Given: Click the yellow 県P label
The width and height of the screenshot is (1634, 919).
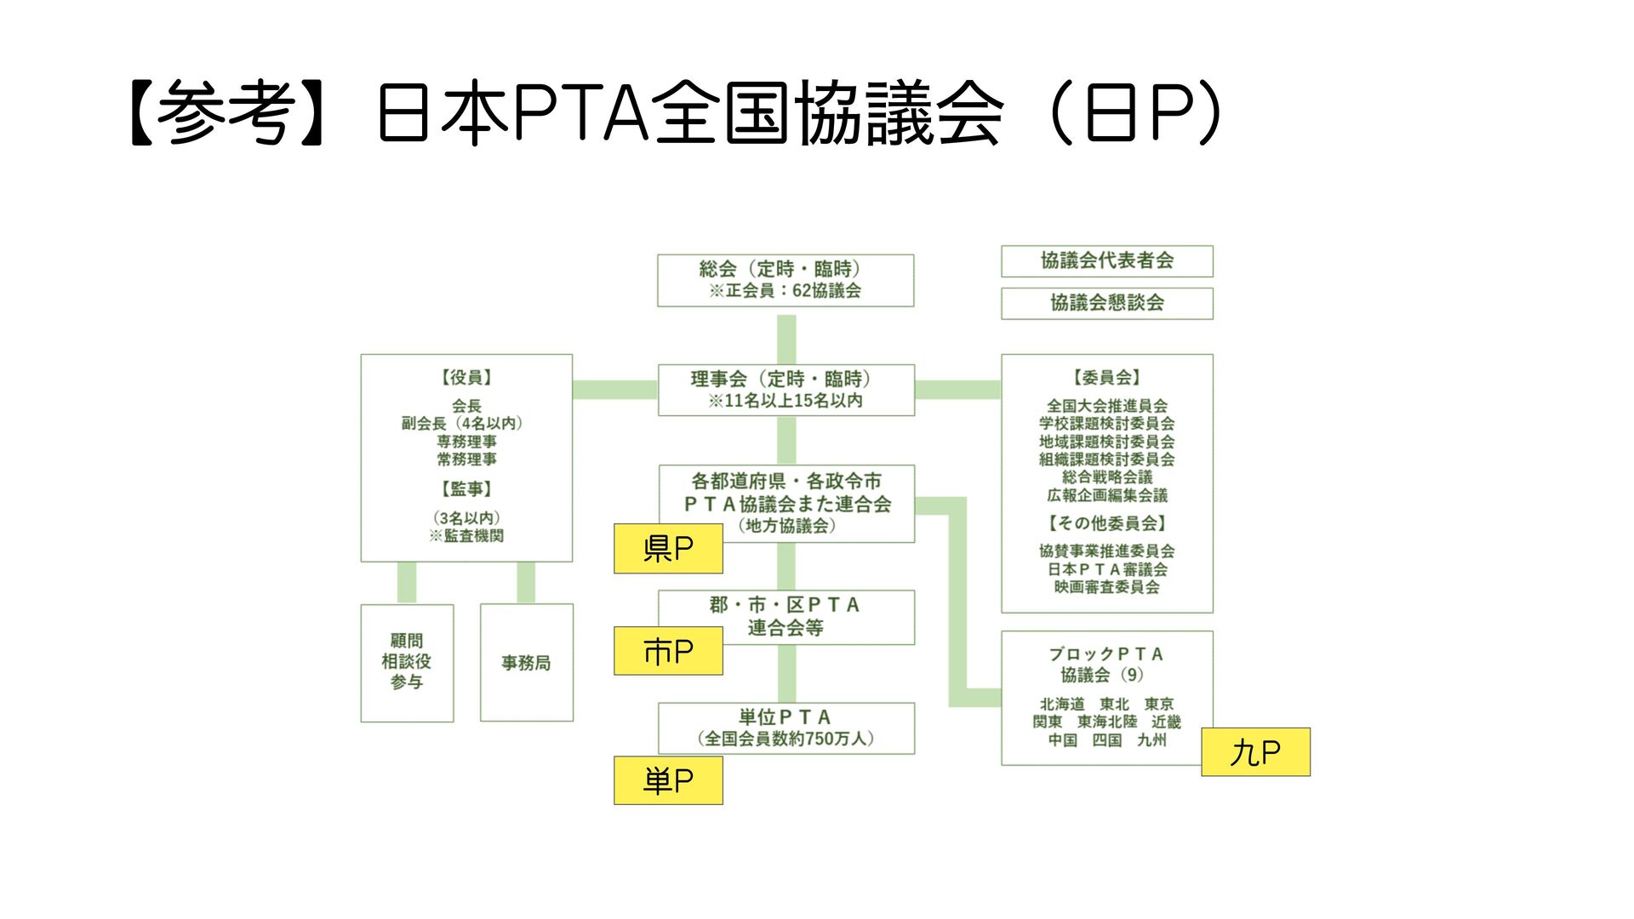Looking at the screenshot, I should (x=668, y=549).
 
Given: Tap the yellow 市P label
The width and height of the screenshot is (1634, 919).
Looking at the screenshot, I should (x=668, y=652).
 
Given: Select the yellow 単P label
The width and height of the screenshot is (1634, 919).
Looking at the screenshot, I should (x=668, y=780).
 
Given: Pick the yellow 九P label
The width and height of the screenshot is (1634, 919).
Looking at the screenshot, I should (x=1255, y=752).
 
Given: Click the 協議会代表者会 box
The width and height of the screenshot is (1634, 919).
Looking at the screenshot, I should (x=1106, y=261).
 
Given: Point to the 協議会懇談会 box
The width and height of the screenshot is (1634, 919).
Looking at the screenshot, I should (x=1106, y=303).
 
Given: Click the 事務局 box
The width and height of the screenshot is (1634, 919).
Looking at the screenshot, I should (x=526, y=663).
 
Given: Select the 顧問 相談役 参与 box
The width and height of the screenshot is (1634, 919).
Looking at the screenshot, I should (x=407, y=662).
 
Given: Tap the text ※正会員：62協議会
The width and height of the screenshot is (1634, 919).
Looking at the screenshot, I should (x=785, y=291).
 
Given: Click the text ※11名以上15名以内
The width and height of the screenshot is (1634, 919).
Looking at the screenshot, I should (x=785, y=401).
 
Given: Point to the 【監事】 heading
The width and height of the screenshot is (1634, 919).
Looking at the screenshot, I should (x=466, y=489).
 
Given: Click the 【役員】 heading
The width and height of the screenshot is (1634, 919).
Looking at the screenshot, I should (x=466, y=378).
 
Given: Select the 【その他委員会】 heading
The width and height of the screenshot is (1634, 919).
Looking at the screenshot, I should (x=1106, y=523).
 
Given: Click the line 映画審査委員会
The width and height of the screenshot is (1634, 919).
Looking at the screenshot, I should (x=1106, y=587).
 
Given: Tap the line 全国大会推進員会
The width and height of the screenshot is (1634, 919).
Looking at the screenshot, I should (x=1106, y=406).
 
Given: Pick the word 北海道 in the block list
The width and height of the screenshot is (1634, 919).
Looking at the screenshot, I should (x=1062, y=704).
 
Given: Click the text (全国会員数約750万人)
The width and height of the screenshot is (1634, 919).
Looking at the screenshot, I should (x=785, y=739).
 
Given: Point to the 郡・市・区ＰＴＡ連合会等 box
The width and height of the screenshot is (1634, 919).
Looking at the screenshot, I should (x=786, y=617).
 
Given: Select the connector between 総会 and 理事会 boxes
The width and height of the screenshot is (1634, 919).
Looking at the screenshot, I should (x=786, y=338).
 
